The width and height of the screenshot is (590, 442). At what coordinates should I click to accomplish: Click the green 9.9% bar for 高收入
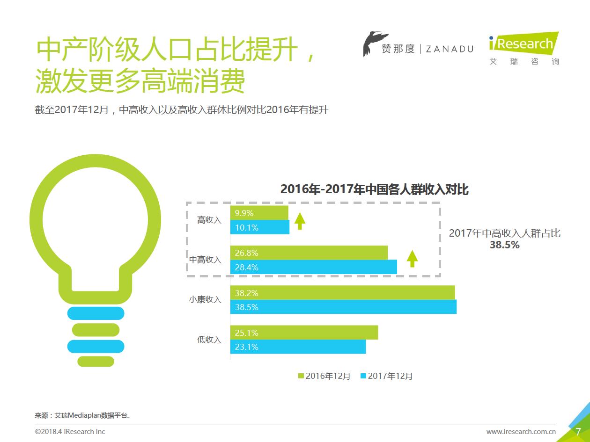(x=259, y=213)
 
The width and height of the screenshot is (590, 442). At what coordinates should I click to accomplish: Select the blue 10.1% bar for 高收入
(x=259, y=228)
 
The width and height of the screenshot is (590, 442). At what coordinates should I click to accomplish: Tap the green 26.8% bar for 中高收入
(x=309, y=253)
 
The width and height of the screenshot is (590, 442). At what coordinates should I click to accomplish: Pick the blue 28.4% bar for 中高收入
(x=313, y=268)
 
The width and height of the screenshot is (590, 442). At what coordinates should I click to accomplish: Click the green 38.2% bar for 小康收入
(x=342, y=293)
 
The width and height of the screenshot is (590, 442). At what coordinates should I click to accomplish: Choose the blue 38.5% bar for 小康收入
(x=343, y=307)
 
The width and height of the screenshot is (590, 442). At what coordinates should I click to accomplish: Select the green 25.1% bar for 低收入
(x=304, y=333)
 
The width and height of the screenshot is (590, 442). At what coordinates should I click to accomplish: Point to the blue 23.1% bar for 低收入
(x=298, y=347)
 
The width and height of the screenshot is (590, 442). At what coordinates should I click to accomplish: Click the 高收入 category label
(x=209, y=220)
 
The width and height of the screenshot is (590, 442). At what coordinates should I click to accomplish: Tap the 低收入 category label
(x=209, y=340)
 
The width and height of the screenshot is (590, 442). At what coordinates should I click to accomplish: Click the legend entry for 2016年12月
(x=324, y=376)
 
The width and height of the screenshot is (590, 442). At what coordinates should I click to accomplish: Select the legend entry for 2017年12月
(x=386, y=376)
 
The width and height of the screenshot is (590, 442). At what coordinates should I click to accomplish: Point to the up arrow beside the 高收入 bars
(x=300, y=220)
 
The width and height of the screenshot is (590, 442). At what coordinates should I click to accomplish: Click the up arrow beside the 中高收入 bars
(x=412, y=258)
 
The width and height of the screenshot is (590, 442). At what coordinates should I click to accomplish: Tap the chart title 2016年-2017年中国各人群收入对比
(x=374, y=189)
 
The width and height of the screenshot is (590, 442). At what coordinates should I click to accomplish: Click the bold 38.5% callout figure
(x=504, y=245)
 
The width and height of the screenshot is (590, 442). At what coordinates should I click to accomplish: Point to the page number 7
(x=578, y=431)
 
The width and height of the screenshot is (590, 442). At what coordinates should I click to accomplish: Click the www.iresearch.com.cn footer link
(x=521, y=432)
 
